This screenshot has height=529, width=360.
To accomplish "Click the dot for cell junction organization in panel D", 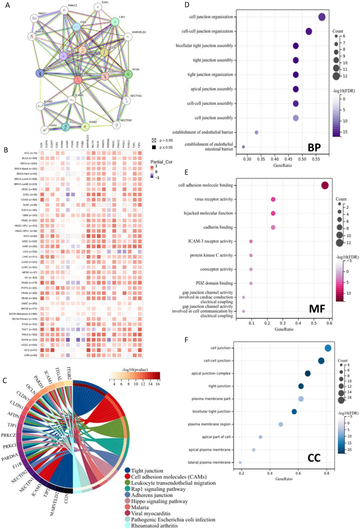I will (322, 17).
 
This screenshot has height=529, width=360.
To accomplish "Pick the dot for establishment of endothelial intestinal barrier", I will (244, 147).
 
